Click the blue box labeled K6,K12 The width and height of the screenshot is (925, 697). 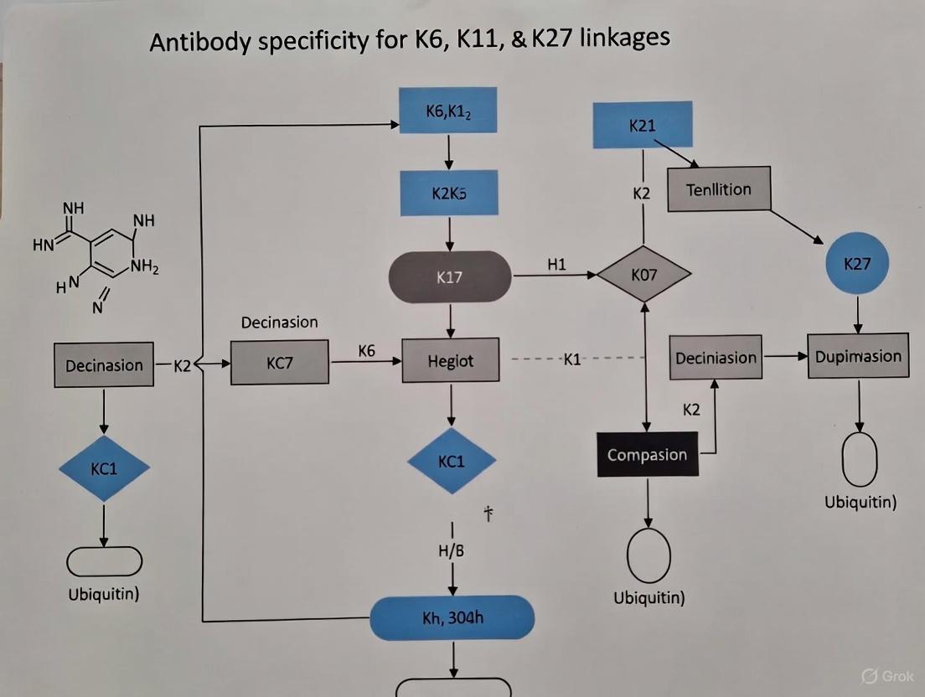click(x=449, y=111)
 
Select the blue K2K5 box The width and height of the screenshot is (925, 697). click(x=449, y=193)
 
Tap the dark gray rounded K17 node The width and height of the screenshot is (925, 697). click(x=450, y=276)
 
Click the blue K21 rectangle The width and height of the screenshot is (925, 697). click(x=643, y=125)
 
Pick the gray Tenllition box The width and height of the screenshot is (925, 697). click(x=719, y=189)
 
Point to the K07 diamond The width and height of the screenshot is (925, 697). click(x=643, y=273)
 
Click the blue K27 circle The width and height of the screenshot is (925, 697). click(x=857, y=264)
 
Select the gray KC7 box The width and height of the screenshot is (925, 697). click(x=280, y=364)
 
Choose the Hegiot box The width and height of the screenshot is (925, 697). click(x=451, y=361)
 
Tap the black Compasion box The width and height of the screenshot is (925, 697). click(x=647, y=454)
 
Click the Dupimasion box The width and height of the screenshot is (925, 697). click(x=858, y=356)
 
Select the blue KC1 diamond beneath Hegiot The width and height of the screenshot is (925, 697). click(x=451, y=461)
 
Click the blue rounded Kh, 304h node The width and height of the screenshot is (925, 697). click(x=452, y=618)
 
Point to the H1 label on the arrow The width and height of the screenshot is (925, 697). click(x=556, y=265)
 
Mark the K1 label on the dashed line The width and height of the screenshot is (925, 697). click(x=572, y=359)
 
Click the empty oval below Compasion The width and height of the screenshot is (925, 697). click(x=649, y=555)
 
